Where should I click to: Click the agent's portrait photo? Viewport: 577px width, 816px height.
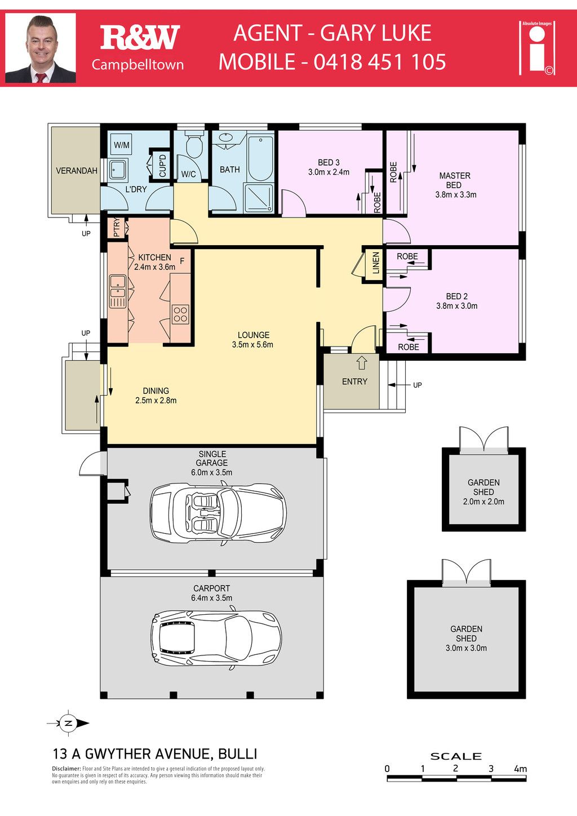tap(41, 48)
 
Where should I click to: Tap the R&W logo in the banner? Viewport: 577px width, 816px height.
tap(140, 37)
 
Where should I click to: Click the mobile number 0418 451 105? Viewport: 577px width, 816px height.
tap(380, 61)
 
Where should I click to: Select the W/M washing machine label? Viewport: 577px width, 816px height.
tap(122, 145)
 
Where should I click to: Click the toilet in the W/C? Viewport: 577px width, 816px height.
tap(194, 145)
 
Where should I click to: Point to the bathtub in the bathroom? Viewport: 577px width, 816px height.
tap(260, 158)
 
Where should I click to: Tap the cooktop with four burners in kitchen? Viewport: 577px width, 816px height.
tap(181, 314)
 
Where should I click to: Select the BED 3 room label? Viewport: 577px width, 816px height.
tap(329, 162)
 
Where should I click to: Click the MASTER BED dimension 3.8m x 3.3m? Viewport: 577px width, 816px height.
tap(456, 194)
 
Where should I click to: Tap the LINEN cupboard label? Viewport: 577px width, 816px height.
tap(376, 263)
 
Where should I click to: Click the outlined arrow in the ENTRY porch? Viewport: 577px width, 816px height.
tap(361, 363)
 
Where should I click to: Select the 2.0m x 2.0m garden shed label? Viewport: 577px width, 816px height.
tap(484, 502)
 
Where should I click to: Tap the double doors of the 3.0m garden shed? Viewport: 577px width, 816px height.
tap(466, 571)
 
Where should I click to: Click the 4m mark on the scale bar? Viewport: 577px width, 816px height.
tap(520, 769)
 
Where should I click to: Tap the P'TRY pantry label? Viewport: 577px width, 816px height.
tap(117, 228)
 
